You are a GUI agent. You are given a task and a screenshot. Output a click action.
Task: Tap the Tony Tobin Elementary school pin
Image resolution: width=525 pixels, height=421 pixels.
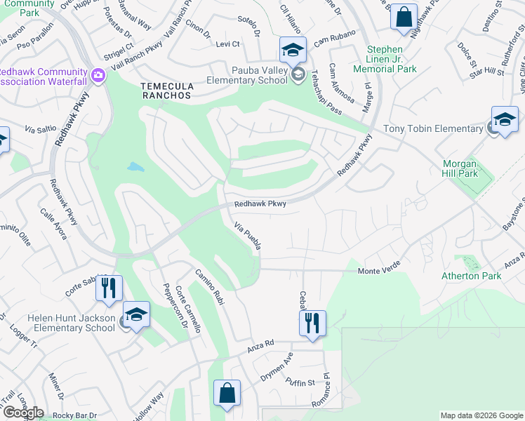coord(504,120)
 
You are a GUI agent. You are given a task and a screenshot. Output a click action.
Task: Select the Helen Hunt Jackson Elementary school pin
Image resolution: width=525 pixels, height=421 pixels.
coord(136,315)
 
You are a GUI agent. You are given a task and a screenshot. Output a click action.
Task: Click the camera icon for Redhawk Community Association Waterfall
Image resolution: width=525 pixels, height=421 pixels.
coord(98,75)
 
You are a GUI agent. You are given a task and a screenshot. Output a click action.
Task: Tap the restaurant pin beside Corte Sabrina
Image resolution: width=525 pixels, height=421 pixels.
coord(109,288)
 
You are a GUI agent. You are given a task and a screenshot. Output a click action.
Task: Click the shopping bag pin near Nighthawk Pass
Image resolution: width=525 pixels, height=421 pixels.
coord(404,18)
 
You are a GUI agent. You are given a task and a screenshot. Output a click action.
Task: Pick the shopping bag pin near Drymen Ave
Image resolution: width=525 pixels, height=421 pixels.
coord(227,394)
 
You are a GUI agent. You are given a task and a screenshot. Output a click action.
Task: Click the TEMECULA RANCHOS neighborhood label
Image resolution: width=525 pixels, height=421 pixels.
coord(166,90)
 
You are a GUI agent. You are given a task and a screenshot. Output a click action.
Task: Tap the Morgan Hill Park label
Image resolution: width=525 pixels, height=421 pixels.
coord(460,168)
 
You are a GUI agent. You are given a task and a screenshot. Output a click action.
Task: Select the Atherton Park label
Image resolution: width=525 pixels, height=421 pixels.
coord(471,276)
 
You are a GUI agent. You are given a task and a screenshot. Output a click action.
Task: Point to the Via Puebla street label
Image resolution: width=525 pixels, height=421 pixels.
coord(248,236)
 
